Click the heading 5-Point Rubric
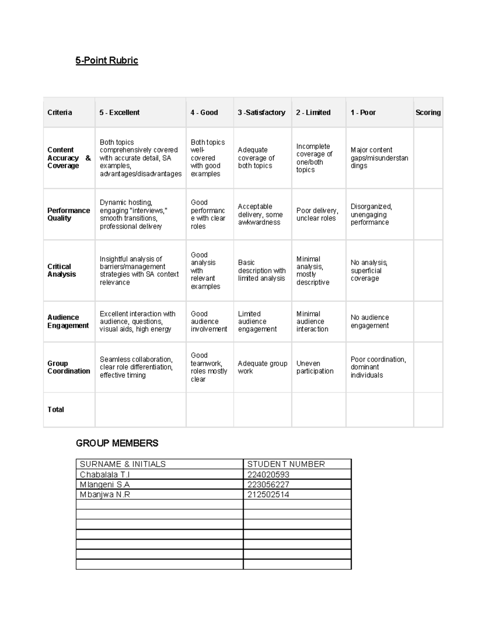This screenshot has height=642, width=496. click(x=107, y=60)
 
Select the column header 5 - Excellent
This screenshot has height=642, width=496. click(x=119, y=112)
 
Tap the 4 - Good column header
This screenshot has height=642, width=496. click(x=204, y=112)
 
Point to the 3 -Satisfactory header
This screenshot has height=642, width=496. click(x=261, y=112)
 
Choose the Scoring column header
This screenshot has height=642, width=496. click(x=428, y=112)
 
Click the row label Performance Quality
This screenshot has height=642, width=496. click(x=68, y=214)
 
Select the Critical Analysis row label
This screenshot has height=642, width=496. click(x=62, y=270)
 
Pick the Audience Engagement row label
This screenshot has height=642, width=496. click(x=68, y=321)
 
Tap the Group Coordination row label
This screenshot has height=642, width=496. click(x=69, y=367)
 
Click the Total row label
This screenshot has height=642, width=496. click(x=56, y=410)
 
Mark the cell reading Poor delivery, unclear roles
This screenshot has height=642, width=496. click(x=317, y=214)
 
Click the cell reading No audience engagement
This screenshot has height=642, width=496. click(x=370, y=321)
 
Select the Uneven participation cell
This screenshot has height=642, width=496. click(x=315, y=367)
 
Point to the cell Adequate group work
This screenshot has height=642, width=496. click(x=262, y=367)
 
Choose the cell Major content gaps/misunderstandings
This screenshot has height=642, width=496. click(x=379, y=158)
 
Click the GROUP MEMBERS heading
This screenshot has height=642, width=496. click(x=117, y=443)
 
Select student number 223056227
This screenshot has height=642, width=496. click(x=268, y=484)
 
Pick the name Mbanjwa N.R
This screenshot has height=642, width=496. click(x=105, y=494)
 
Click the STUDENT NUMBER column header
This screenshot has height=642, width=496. click(x=286, y=464)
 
